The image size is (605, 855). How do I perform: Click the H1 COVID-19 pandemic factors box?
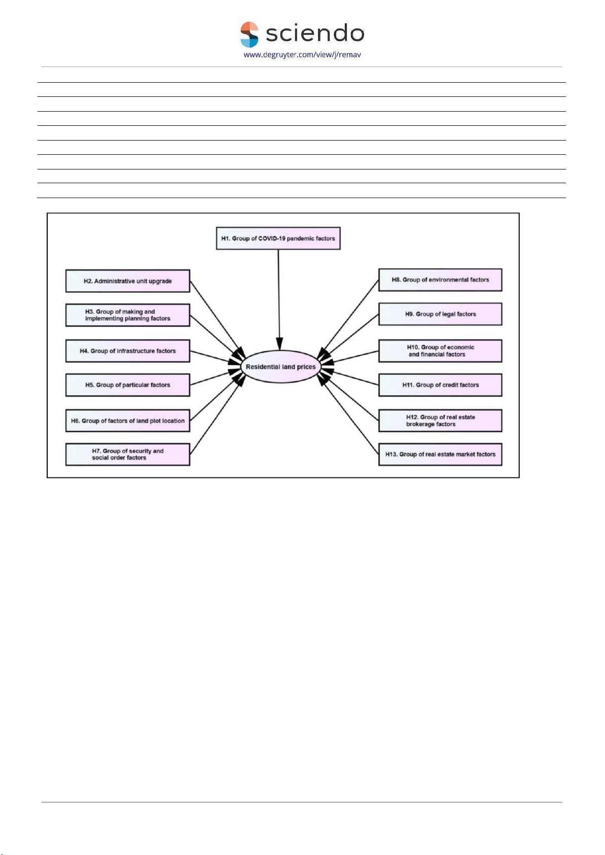pyautogui.click(x=278, y=238)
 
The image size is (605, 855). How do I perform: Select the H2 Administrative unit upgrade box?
pyautogui.click(x=127, y=281)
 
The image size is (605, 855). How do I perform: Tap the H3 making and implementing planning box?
pyautogui.click(x=127, y=315)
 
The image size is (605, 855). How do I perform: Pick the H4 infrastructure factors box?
pyautogui.click(x=127, y=351)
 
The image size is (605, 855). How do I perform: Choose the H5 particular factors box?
pyautogui.click(x=127, y=385)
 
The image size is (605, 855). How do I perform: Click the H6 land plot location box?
pyautogui.click(x=127, y=421)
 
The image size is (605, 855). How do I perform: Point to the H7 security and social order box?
pyautogui.click(x=127, y=454)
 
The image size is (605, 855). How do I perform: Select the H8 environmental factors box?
pyautogui.click(x=440, y=280)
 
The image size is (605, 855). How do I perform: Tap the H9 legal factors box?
pyautogui.click(x=440, y=314)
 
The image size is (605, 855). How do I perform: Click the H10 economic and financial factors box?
pyautogui.click(x=440, y=351)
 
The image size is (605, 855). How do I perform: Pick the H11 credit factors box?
pyautogui.click(x=440, y=385)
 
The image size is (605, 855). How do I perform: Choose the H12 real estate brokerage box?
pyautogui.click(x=440, y=421)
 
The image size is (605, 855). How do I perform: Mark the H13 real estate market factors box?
pyautogui.click(x=440, y=454)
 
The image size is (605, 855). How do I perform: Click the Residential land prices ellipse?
pyautogui.click(x=281, y=366)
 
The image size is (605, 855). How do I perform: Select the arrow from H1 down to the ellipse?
pyautogui.click(x=279, y=300)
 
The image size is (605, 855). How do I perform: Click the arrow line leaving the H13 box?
pyautogui.click(x=348, y=414)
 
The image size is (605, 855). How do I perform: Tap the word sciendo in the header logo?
pyautogui.click(x=315, y=33)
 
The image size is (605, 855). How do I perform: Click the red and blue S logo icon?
pyautogui.click(x=249, y=35)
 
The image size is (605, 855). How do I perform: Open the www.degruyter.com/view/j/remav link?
pyautogui.click(x=302, y=55)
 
